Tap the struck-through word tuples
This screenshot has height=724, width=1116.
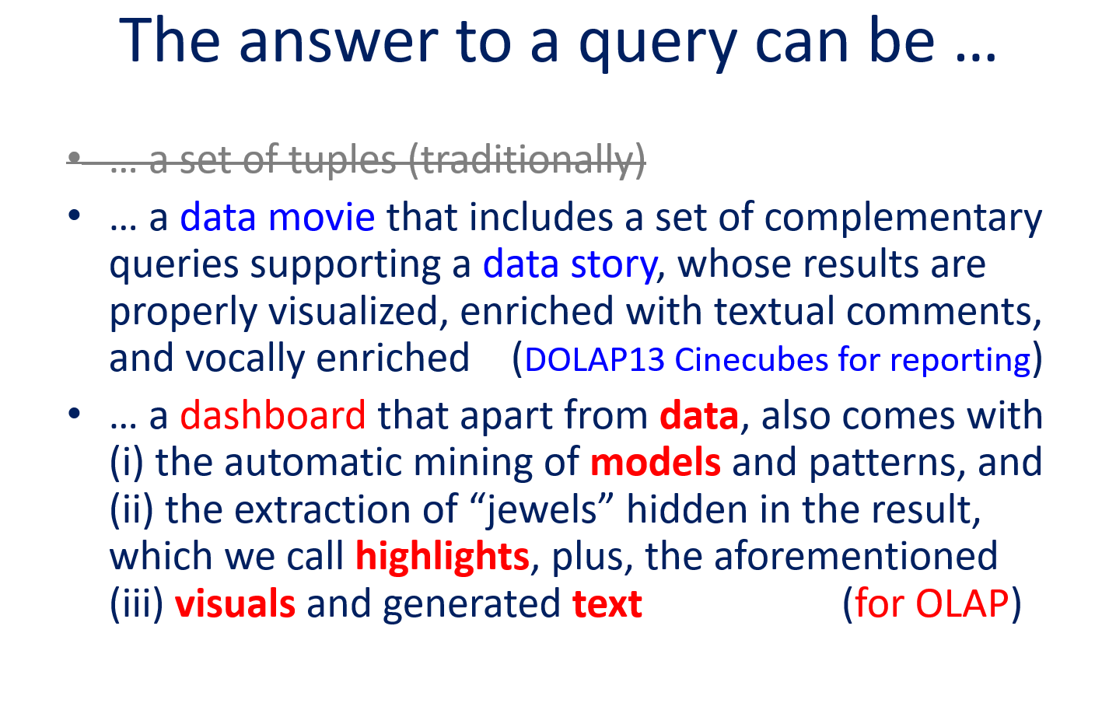342,160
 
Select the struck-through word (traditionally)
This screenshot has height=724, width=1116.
527,160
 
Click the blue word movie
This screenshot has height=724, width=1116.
321,217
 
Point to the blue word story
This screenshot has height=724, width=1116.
614,265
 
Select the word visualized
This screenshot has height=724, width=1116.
353,311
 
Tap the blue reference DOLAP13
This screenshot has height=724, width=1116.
594,359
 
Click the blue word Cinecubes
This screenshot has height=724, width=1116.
750,359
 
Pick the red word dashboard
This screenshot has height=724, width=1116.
272,414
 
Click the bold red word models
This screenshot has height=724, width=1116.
655,462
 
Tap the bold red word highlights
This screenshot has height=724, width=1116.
442,558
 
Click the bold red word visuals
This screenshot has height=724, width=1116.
235,603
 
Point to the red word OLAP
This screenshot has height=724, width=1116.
962,604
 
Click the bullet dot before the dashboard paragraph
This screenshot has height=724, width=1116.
74,413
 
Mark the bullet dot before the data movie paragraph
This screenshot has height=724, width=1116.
74,215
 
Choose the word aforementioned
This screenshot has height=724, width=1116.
856,557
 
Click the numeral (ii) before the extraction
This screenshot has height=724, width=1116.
131,510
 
